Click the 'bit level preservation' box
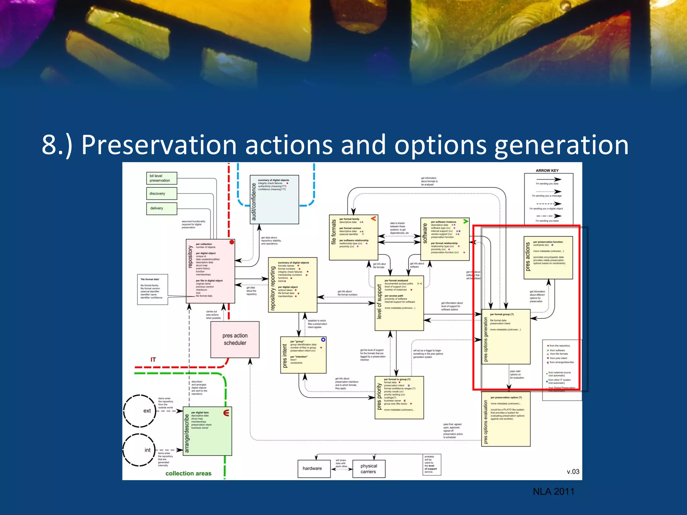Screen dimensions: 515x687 tap(161, 178)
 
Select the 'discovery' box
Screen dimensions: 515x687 tap(161, 193)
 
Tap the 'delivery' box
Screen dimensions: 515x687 tap(161, 208)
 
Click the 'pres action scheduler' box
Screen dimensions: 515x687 tap(235, 339)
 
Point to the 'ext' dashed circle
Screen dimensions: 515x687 tap(140, 411)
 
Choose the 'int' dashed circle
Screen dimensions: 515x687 tap(139, 450)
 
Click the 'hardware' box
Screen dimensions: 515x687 tap(312, 468)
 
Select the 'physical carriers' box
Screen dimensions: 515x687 tap(369, 469)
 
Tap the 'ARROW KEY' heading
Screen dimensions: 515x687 tap(547, 171)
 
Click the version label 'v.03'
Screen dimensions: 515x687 tap(573, 471)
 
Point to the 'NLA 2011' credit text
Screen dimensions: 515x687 tap(553, 492)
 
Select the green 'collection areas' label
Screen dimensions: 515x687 tap(188, 473)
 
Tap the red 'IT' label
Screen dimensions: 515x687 tap(153, 360)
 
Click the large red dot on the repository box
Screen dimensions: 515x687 tap(232, 242)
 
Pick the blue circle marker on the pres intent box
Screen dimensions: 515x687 tap(323, 340)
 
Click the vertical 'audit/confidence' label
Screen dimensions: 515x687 tap(254, 202)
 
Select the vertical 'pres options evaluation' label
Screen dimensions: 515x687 tap(486, 422)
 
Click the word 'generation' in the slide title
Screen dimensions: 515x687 tap(562, 145)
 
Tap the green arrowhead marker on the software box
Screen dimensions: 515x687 tap(466, 221)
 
